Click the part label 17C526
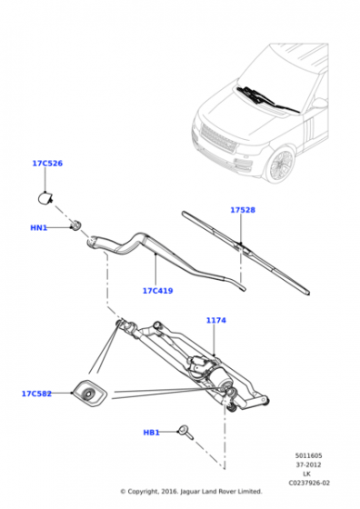(47, 164)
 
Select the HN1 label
(38, 228)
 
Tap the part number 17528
(243, 210)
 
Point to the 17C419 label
(158, 291)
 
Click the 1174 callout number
(216, 320)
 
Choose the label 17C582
(36, 394)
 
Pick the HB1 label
(151, 433)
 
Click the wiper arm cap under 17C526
(45, 198)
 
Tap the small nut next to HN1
(76, 225)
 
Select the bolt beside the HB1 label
(186, 432)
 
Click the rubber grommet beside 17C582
(89, 393)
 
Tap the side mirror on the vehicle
(320, 104)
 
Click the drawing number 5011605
(309, 455)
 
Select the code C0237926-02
(309, 483)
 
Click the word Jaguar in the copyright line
(190, 492)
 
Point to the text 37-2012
(308, 464)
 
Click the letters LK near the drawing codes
(306, 474)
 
